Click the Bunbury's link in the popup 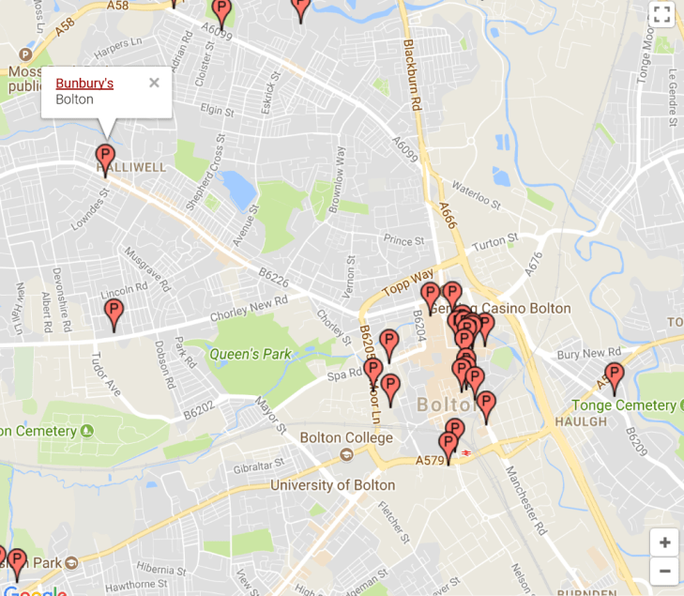pos(84,84)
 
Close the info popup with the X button pos(154,83)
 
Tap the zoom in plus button pos(664,543)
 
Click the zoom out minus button pos(664,570)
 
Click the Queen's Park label pos(251,354)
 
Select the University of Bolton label pos(332,485)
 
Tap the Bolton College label pos(346,438)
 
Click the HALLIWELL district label pos(131,168)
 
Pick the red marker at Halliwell pos(105,157)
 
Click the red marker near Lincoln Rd pos(114,313)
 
